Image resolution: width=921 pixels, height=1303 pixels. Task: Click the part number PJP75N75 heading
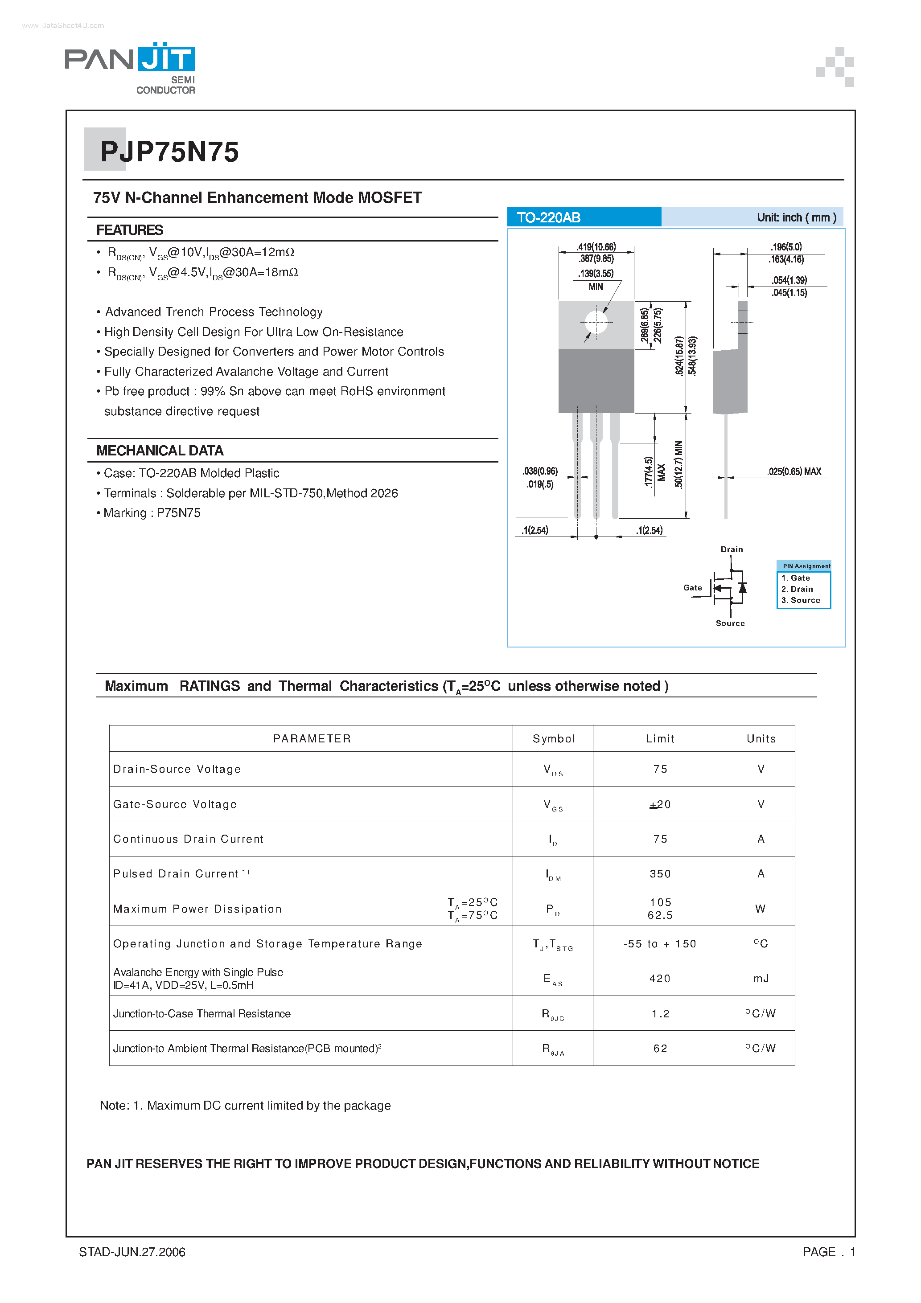pos(169,152)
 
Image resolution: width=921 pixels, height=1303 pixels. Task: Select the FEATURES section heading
pos(129,230)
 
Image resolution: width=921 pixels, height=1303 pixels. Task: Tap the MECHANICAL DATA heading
pos(160,451)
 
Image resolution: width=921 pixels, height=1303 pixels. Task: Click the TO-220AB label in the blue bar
pos(548,217)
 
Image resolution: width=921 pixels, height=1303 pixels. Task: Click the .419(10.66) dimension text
pos(596,247)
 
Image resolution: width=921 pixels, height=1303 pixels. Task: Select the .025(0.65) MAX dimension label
pos(794,471)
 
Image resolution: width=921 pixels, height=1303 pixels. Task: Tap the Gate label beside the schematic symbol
pos(692,588)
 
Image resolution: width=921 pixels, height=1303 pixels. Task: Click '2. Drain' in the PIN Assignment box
pos(797,589)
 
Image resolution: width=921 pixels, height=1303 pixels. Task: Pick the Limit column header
pos(660,739)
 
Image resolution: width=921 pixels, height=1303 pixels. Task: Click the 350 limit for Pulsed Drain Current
pos(660,874)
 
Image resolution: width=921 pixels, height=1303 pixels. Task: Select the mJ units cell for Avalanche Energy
pos(761,979)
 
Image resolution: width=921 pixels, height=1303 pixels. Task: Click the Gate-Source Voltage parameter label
pos(175,804)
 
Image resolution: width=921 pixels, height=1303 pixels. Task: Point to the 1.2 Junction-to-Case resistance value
pos(660,1014)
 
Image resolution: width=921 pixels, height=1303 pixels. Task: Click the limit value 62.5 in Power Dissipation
pos(660,915)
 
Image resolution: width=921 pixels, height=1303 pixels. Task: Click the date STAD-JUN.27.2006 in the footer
pos(132,1252)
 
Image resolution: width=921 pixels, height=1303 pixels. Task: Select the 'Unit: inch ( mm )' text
pos(796,217)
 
